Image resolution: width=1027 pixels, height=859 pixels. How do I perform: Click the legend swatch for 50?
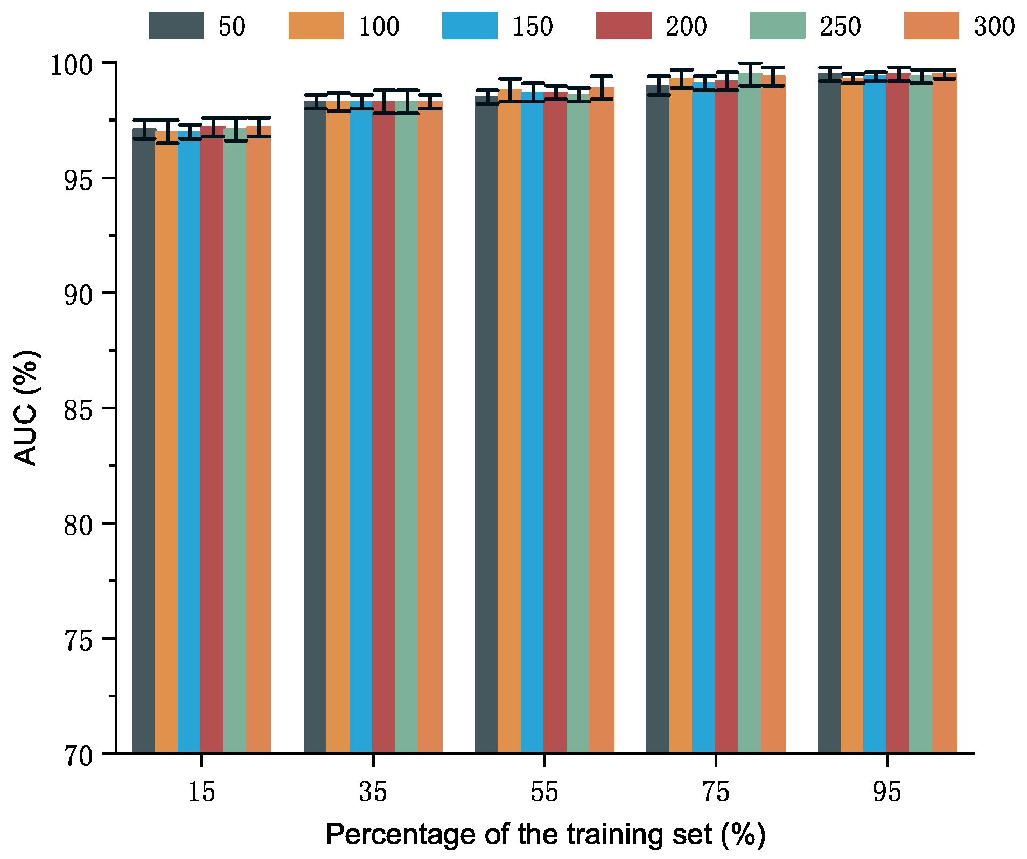[x=176, y=26]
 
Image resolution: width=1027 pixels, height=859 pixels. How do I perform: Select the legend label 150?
[x=532, y=26]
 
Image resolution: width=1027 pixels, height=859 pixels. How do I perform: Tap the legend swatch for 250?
[x=777, y=26]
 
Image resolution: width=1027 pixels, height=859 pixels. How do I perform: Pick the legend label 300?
[x=994, y=26]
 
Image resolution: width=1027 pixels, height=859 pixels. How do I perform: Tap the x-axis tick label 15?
[x=201, y=792]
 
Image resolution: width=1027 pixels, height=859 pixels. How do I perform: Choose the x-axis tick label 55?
[x=544, y=792]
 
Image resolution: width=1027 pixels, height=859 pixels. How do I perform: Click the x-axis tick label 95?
[x=887, y=792]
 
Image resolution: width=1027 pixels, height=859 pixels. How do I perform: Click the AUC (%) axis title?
[x=26, y=408]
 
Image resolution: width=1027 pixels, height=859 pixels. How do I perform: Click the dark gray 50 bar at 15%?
[x=144, y=442]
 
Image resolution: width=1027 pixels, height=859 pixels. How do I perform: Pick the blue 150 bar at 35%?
[x=361, y=425]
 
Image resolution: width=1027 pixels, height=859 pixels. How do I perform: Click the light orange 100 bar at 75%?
[x=681, y=415]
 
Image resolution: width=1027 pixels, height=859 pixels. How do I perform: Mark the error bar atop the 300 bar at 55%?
[x=602, y=87]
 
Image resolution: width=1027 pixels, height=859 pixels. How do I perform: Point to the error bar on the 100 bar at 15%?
[x=167, y=131]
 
